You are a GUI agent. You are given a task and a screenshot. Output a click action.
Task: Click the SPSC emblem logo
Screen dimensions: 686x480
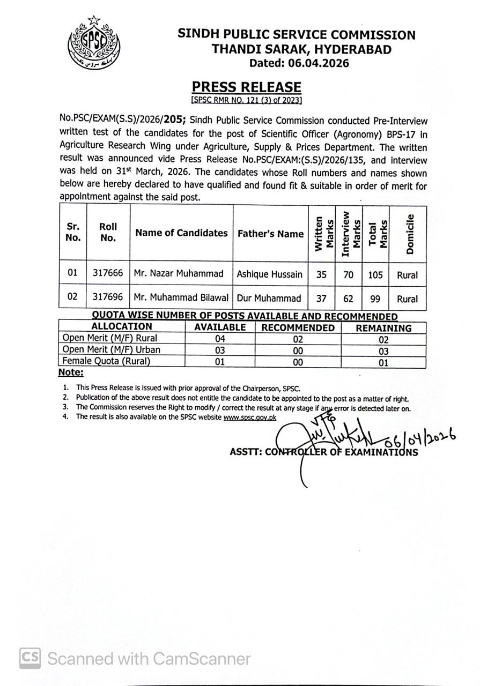[94, 42]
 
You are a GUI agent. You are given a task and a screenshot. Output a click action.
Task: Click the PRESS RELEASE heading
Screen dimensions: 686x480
[247, 87]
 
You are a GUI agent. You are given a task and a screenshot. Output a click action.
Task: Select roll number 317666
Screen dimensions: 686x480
[107, 274]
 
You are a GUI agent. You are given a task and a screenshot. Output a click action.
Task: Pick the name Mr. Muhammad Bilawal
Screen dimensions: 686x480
[181, 297]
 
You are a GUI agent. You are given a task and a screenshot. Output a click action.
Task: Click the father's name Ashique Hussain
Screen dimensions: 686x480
[270, 274]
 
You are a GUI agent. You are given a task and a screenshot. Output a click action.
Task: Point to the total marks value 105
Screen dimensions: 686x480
[375, 275]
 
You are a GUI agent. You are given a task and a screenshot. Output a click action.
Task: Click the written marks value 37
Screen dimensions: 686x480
[321, 298]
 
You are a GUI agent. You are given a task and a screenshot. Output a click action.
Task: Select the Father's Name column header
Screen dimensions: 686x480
[270, 234]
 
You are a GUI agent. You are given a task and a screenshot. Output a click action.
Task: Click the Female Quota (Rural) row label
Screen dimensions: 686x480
[106, 361]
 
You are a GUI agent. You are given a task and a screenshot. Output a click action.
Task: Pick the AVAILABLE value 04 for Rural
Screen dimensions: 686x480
[220, 339]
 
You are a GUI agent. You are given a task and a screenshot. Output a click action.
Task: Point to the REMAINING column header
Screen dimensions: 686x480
[383, 327]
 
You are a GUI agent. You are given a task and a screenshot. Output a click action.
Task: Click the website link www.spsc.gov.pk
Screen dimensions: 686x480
[250, 417]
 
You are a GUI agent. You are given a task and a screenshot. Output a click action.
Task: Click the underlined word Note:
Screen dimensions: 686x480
[71, 372]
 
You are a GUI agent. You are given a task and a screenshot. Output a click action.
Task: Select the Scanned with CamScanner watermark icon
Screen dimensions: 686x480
[30, 658]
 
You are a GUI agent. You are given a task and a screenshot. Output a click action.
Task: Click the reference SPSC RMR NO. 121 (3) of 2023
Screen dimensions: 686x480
[247, 100]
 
